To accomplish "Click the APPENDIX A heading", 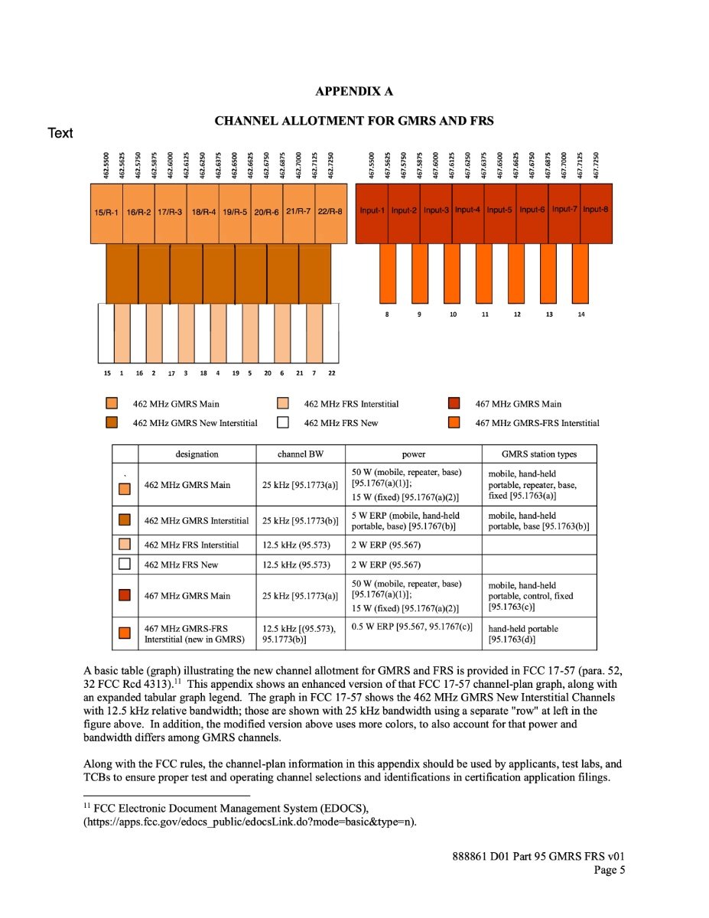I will (354, 92).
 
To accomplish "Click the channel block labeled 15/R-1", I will (106, 212).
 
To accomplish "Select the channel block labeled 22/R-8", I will (330, 212).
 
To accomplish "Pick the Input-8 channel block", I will (596, 210).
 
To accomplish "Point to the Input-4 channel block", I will (467, 210).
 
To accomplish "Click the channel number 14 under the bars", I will (581, 314).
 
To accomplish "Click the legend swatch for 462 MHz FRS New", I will (283, 422).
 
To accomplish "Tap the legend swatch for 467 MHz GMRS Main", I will (454, 404).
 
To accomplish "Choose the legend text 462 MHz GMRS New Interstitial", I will (195, 423).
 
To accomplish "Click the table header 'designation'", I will (197, 454).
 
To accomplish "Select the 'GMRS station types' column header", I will (539, 454).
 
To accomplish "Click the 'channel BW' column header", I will (301, 454).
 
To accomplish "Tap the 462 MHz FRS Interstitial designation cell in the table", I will (191, 545).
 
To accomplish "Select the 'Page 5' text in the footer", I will (610, 869).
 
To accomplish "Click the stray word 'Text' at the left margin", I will (60, 133).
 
